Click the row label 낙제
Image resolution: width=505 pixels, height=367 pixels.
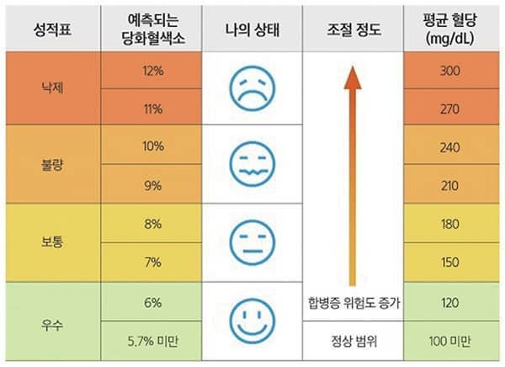point(52,87)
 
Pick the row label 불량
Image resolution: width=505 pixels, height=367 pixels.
point(52,165)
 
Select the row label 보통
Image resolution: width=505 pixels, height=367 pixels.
point(52,242)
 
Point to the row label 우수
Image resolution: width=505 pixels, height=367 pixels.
point(52,321)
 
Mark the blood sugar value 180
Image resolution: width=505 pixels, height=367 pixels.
point(450,224)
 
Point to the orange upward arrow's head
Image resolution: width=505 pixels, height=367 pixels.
point(353,77)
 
